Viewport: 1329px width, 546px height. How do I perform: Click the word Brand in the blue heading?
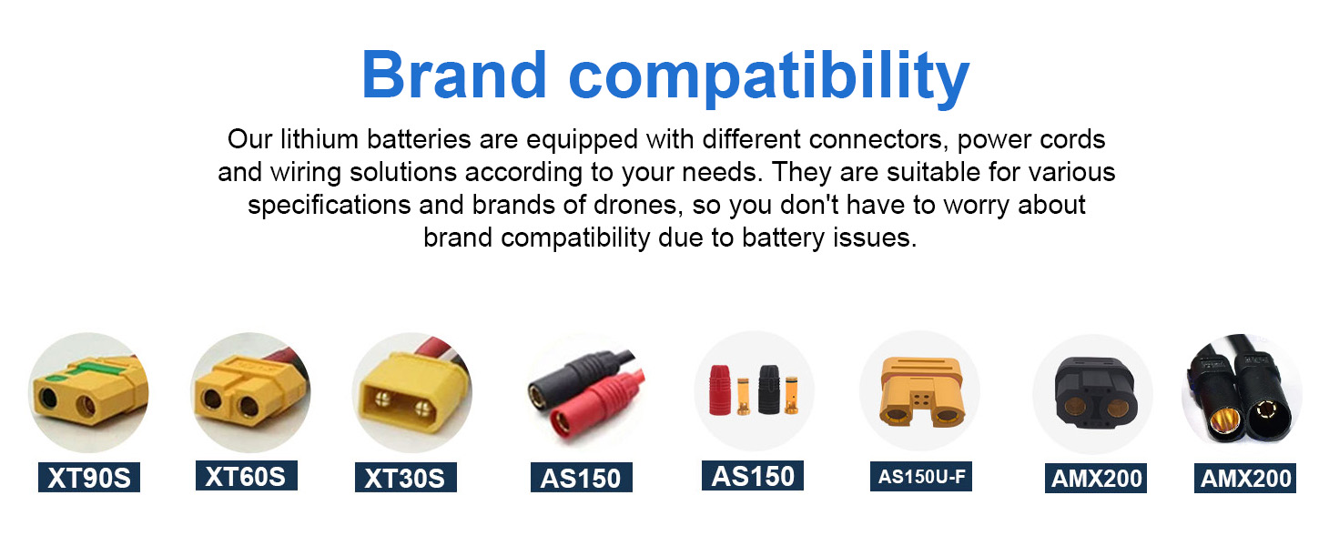[454, 75]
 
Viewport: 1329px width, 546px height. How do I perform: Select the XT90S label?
[89, 477]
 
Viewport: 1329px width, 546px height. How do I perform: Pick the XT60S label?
[246, 476]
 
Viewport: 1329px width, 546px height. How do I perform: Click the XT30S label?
[406, 477]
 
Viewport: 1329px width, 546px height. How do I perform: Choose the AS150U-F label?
[921, 476]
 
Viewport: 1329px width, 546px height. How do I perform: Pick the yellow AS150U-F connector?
[920, 392]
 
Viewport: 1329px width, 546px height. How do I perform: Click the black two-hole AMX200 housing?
[1096, 393]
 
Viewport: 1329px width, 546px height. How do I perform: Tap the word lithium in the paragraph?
[319, 139]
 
